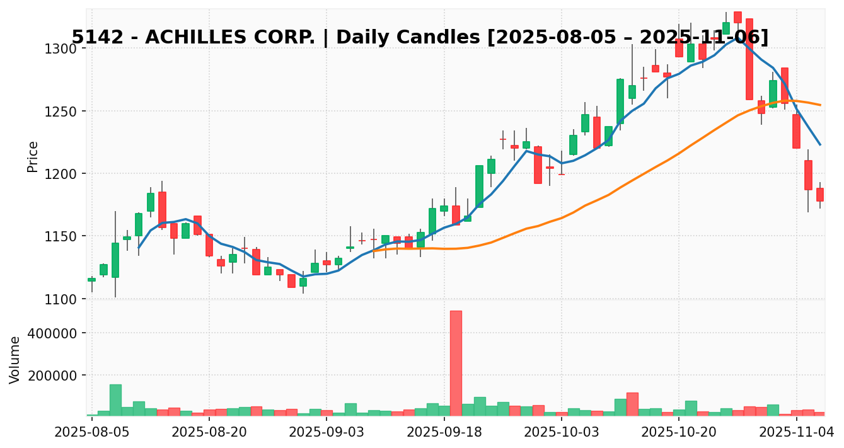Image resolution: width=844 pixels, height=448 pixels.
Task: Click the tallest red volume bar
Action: click(456, 362)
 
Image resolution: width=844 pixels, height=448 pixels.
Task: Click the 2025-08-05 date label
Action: click(92, 432)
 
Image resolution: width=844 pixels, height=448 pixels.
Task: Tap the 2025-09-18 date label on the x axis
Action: click(444, 432)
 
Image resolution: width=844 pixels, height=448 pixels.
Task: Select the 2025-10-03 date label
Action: click(562, 432)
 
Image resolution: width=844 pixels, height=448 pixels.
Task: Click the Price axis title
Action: click(33, 156)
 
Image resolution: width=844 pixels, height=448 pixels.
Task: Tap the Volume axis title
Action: click(15, 359)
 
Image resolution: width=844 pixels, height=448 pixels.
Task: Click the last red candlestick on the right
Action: click(820, 194)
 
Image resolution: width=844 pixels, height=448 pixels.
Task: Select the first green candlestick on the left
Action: click(92, 279)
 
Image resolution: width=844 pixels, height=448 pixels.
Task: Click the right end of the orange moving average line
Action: click(820, 105)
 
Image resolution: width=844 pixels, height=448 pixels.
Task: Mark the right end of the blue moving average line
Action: click(820, 144)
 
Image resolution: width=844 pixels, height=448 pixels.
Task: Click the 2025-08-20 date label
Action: click(209, 432)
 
